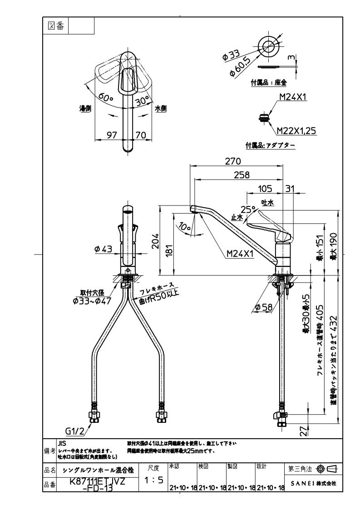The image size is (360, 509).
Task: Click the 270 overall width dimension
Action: point(234,161)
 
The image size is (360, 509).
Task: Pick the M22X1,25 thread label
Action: point(296,131)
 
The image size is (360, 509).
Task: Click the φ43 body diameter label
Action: point(103,249)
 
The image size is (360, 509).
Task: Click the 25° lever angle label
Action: point(247,209)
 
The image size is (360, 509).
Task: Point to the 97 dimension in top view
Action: point(112,135)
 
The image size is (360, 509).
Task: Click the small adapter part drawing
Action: point(262,117)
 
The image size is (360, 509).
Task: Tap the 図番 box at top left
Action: point(55,26)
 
